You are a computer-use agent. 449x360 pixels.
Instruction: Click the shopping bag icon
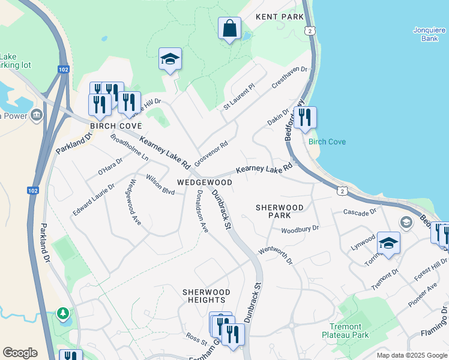click(229, 28)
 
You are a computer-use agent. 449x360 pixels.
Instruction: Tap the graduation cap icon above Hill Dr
click(170, 59)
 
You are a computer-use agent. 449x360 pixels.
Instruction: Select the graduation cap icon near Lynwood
click(388, 244)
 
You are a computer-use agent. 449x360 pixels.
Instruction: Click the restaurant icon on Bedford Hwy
click(305, 118)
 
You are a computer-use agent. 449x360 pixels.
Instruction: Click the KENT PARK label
click(280, 17)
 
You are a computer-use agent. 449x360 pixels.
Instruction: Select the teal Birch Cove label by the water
click(327, 142)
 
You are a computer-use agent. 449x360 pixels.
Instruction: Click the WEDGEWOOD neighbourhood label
click(205, 182)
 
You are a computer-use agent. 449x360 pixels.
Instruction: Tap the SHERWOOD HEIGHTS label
click(204, 295)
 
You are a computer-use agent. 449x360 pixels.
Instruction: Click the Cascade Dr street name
click(360, 212)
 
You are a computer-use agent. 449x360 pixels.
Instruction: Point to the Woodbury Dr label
click(300, 229)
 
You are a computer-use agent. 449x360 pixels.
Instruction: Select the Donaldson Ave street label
click(202, 211)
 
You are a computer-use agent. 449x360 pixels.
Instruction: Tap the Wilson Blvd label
click(160, 185)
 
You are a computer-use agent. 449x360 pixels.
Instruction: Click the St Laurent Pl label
click(240, 96)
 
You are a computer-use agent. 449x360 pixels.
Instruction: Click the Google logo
click(20, 353)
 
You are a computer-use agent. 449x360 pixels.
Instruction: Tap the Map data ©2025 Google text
click(411, 355)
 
